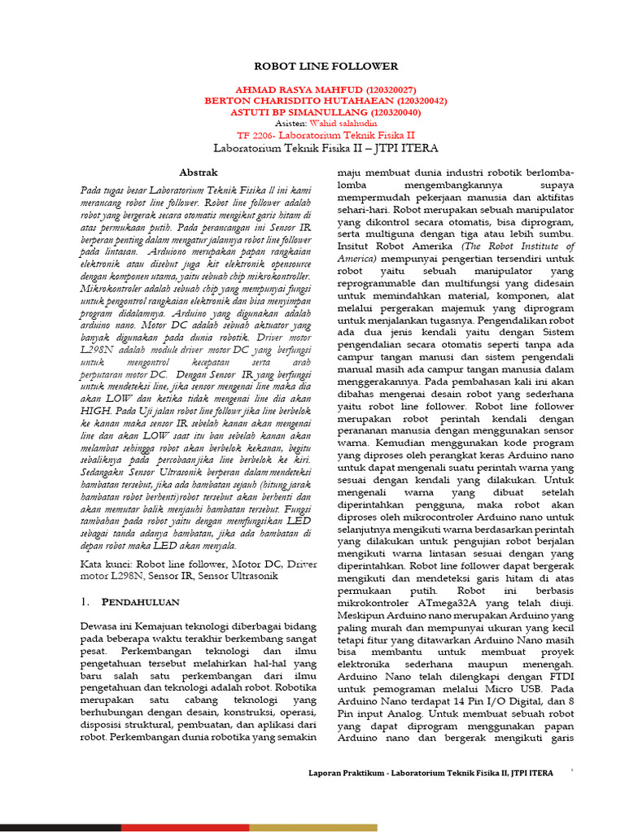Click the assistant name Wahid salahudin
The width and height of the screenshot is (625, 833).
click(x=333, y=124)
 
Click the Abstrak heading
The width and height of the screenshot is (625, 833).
click(x=199, y=172)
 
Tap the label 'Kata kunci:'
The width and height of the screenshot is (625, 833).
click(x=107, y=563)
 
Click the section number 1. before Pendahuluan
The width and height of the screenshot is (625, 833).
click(x=86, y=602)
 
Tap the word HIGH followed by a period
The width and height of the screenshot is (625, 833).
click(x=99, y=412)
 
